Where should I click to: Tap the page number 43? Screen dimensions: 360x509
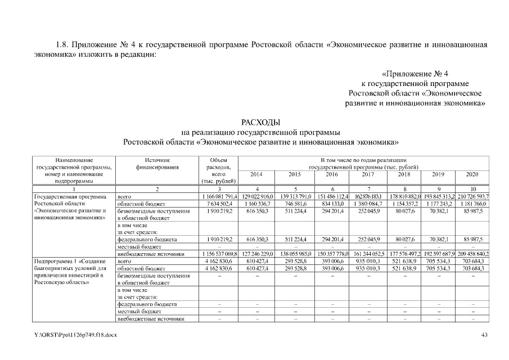click(485, 336)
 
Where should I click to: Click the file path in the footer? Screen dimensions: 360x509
click(75, 336)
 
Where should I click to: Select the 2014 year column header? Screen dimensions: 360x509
click(256, 174)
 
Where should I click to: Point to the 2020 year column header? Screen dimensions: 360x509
click(472, 174)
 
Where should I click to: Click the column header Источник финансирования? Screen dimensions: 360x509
click(157, 163)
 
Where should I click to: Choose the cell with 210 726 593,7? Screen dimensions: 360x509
click(472, 196)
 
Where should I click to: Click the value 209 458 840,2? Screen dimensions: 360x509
click(472, 254)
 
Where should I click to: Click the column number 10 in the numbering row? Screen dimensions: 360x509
click(472, 188)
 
